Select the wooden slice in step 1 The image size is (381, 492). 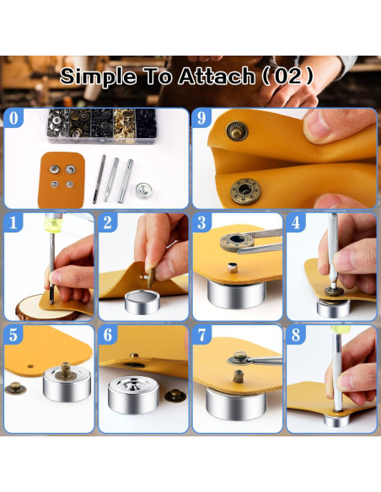coord(42,307)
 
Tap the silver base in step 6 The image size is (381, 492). coord(134,394)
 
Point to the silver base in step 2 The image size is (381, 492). coord(142,302)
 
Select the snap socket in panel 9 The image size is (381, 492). coord(246,190)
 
